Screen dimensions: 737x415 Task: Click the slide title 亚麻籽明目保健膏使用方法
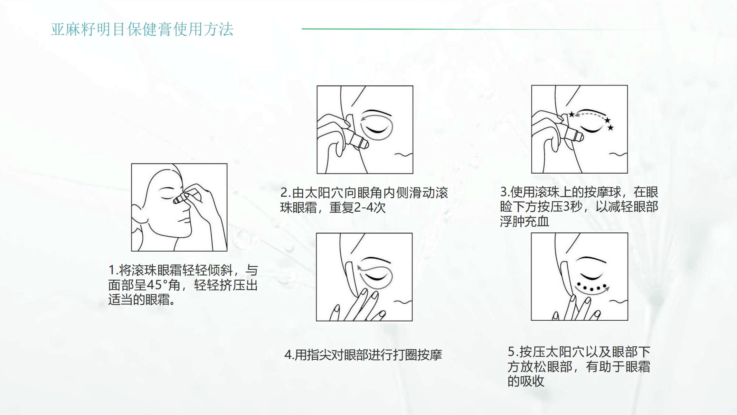(x=142, y=29)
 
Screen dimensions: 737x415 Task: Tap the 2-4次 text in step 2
(x=370, y=207)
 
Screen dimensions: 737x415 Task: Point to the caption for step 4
(x=363, y=355)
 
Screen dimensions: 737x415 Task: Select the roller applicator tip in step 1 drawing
(x=177, y=200)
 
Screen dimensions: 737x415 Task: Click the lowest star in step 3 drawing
(x=611, y=128)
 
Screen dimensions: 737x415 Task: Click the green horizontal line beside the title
(x=484, y=29)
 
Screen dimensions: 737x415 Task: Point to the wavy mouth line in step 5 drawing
(x=618, y=302)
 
